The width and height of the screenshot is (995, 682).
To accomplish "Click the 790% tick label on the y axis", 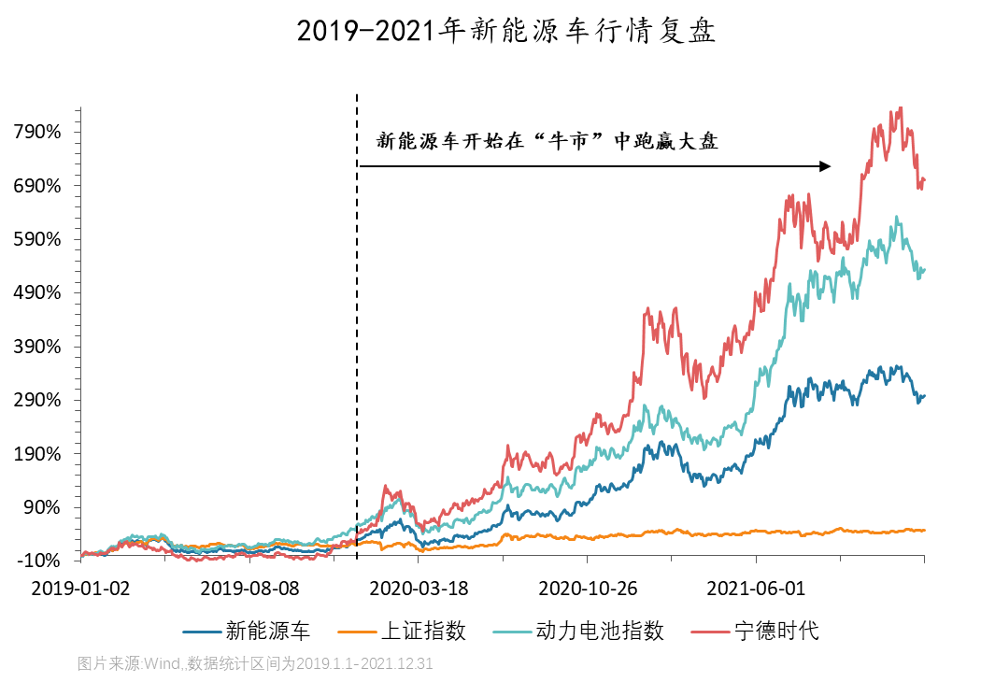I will pos(38,132).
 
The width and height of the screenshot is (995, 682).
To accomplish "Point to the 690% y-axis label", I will pos(38,186).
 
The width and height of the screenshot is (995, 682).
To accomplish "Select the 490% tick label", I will pos(38,293).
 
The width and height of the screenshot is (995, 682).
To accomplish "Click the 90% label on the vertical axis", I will pos(43,508).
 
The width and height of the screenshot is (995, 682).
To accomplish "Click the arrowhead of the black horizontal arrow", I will pos(826,166).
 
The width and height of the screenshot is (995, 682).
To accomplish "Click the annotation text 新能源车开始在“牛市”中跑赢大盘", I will pos(547,142).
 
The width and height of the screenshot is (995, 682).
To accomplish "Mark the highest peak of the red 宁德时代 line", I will pos(901,107).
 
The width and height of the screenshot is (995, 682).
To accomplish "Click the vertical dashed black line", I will pos(357,327).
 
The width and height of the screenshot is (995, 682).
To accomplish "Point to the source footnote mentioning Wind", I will pos(255,664).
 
